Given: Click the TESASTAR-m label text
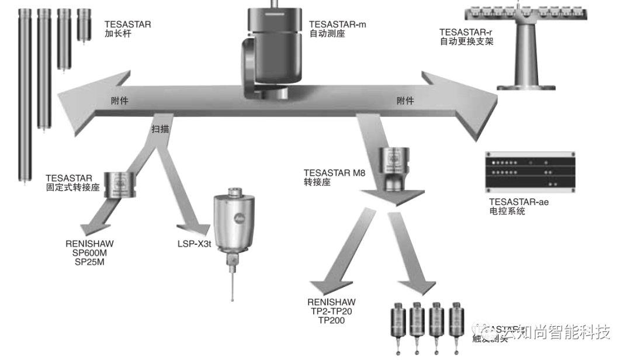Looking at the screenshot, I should click(x=337, y=24).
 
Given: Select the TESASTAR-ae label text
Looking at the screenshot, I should click(x=519, y=202).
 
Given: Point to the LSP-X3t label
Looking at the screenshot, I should click(x=194, y=243).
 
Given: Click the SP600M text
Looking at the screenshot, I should click(x=89, y=253).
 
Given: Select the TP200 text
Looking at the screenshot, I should click(x=332, y=320).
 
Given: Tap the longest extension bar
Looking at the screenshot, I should click(x=24, y=94).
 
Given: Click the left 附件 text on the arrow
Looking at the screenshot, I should click(x=120, y=101).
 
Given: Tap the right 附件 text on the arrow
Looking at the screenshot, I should click(x=405, y=101).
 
